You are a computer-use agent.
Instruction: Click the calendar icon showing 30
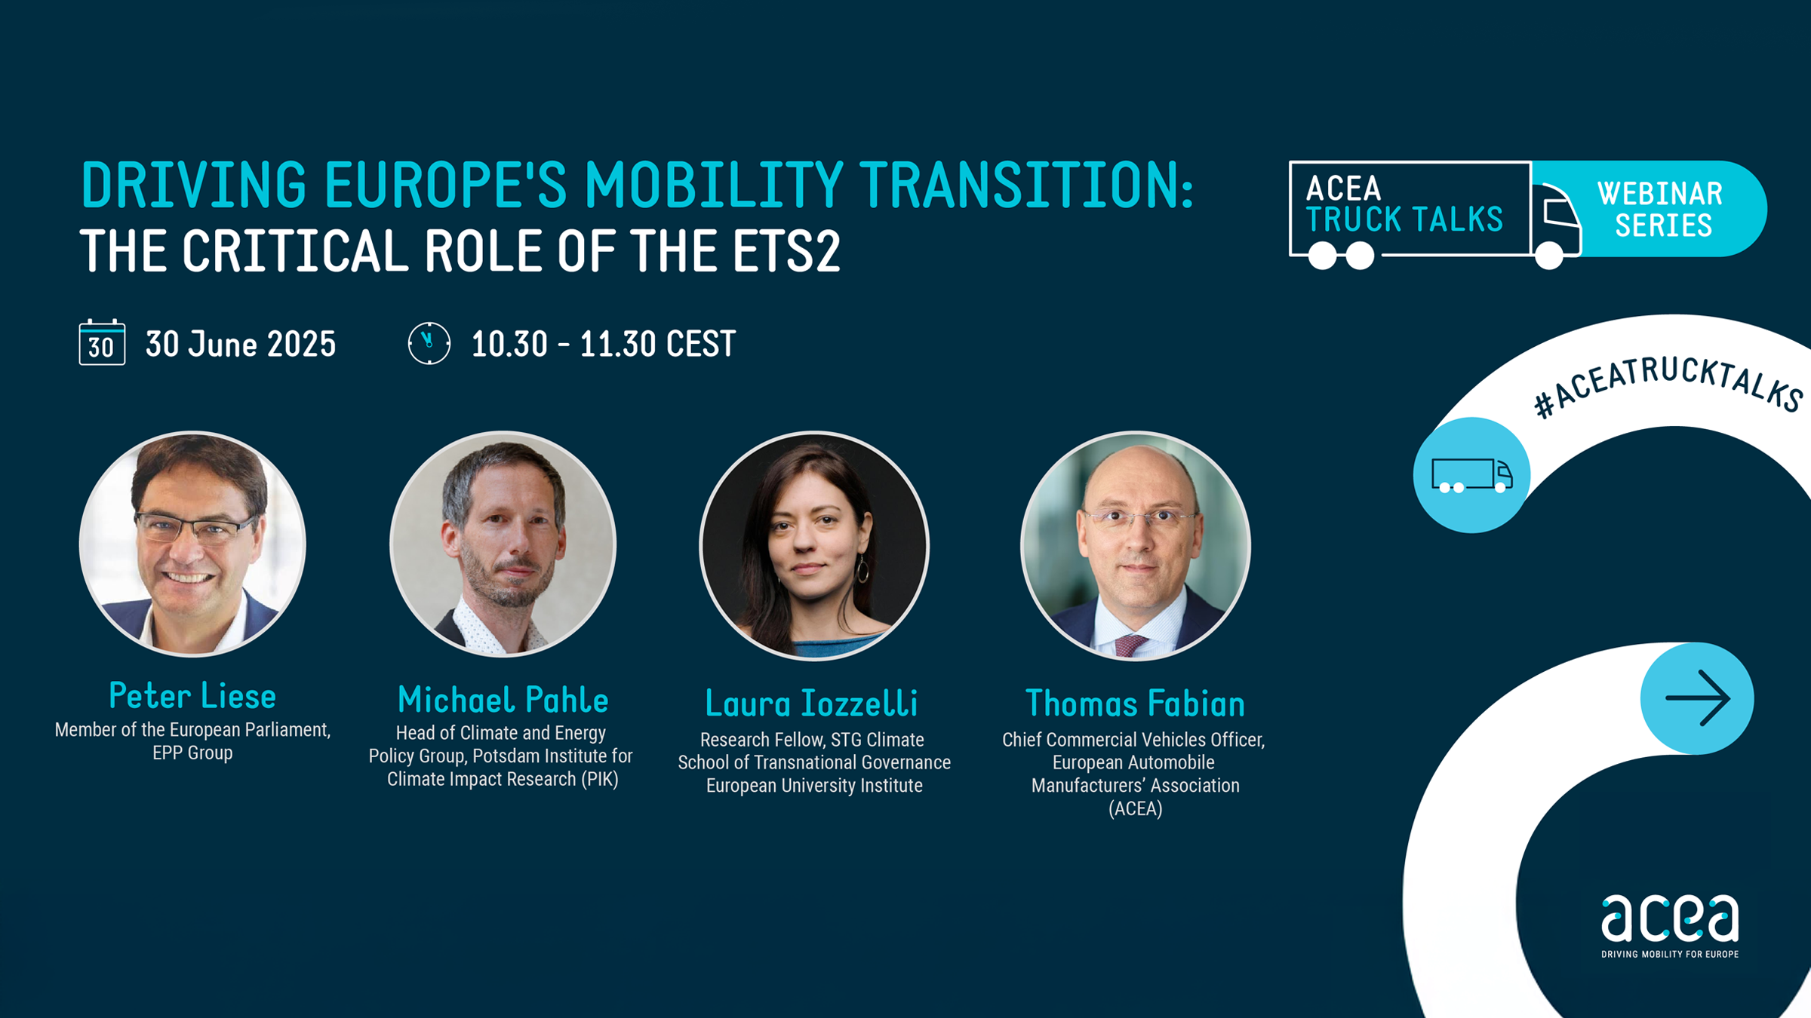point(102,342)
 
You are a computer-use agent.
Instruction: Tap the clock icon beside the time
point(429,343)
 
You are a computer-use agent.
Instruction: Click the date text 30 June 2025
point(241,344)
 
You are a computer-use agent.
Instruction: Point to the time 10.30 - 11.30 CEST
point(603,344)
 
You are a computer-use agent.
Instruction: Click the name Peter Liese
point(192,695)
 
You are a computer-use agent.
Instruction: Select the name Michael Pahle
point(503,700)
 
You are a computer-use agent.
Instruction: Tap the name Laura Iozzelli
point(812,704)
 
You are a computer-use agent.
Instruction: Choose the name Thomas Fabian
point(1135,704)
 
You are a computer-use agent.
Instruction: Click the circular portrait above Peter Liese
point(192,544)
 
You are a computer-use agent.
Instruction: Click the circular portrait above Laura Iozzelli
point(814,545)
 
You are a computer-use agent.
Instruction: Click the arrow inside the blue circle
point(1698,698)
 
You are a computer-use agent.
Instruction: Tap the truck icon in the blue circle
point(1472,476)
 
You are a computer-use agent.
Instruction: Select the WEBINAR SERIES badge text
point(1661,209)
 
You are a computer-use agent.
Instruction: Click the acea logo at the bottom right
point(1670,926)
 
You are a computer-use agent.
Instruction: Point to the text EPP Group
point(192,753)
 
